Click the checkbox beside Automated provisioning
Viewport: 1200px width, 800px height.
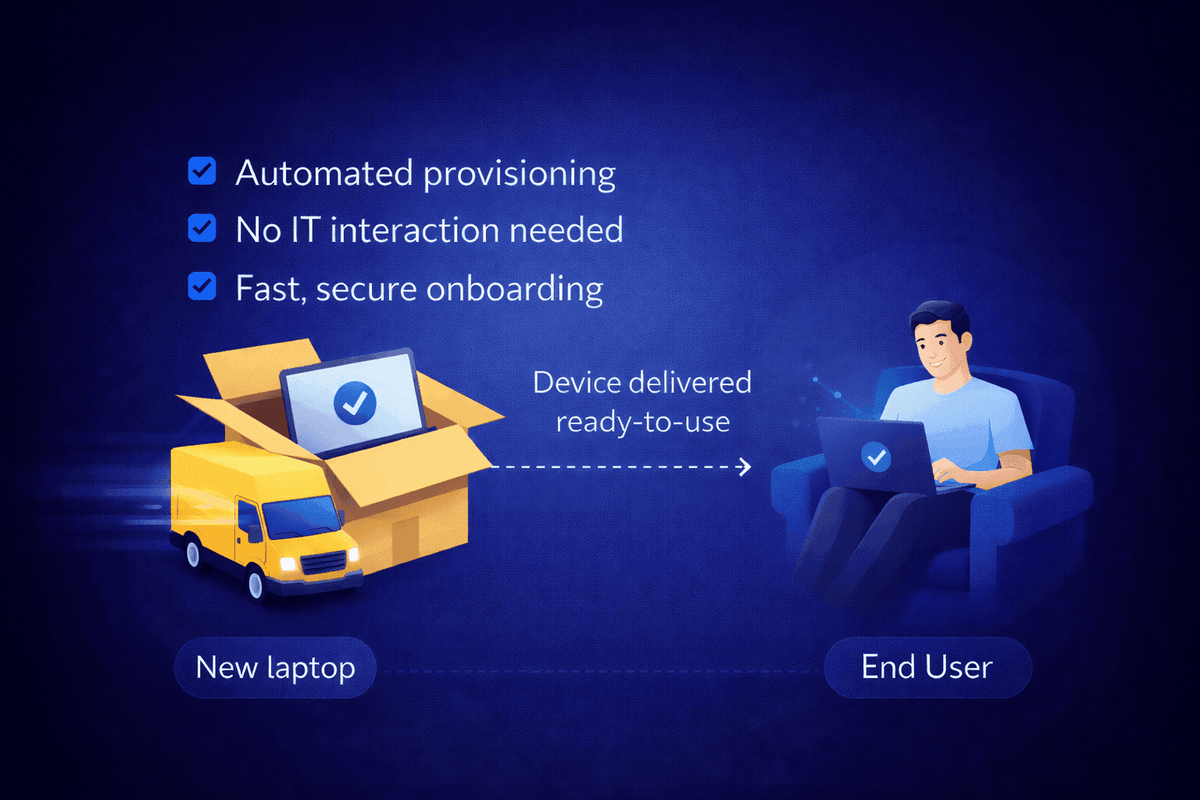pos(202,170)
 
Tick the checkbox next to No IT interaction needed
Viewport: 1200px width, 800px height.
pos(202,228)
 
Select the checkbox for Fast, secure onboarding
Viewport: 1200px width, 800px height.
pos(202,286)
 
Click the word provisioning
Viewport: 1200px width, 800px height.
pos(520,173)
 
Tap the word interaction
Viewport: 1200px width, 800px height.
pos(414,230)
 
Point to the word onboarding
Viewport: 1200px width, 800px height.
pos(515,289)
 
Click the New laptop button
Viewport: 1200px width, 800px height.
pos(275,668)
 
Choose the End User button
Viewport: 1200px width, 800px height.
pos(927,667)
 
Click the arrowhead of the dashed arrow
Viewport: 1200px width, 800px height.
pos(745,467)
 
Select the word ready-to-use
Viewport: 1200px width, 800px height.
pos(642,422)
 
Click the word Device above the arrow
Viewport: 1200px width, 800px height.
pos(577,383)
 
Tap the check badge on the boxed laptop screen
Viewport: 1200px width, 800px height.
pos(355,402)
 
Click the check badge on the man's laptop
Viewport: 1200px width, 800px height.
pos(876,456)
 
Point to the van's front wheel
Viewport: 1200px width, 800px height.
pos(255,583)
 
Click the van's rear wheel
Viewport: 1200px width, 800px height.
pos(192,553)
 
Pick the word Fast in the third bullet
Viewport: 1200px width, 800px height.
pos(268,289)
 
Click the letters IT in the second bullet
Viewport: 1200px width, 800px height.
pos(305,230)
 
